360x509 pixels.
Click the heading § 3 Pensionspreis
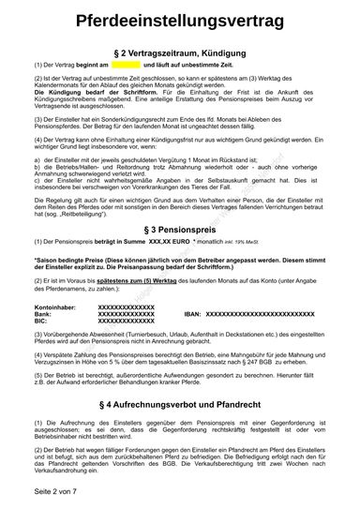[x=180, y=228]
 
